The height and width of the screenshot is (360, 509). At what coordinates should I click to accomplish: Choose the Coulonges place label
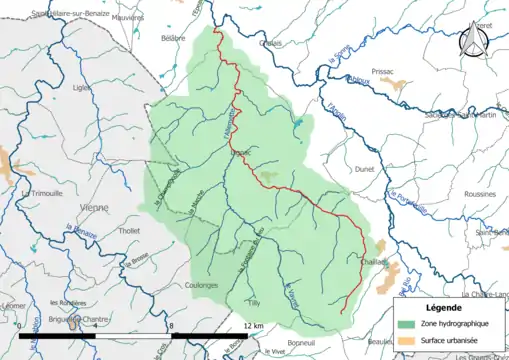pyautogui.click(x=202, y=285)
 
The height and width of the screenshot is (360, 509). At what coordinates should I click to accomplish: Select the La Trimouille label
pyautogui.click(x=41, y=193)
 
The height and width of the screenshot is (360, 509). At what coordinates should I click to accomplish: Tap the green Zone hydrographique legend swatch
pyautogui.click(x=406, y=325)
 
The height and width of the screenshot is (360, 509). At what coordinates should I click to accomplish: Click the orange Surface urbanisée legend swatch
pyautogui.click(x=406, y=342)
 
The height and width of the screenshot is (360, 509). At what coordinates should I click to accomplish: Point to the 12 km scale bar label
pyautogui.click(x=252, y=325)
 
